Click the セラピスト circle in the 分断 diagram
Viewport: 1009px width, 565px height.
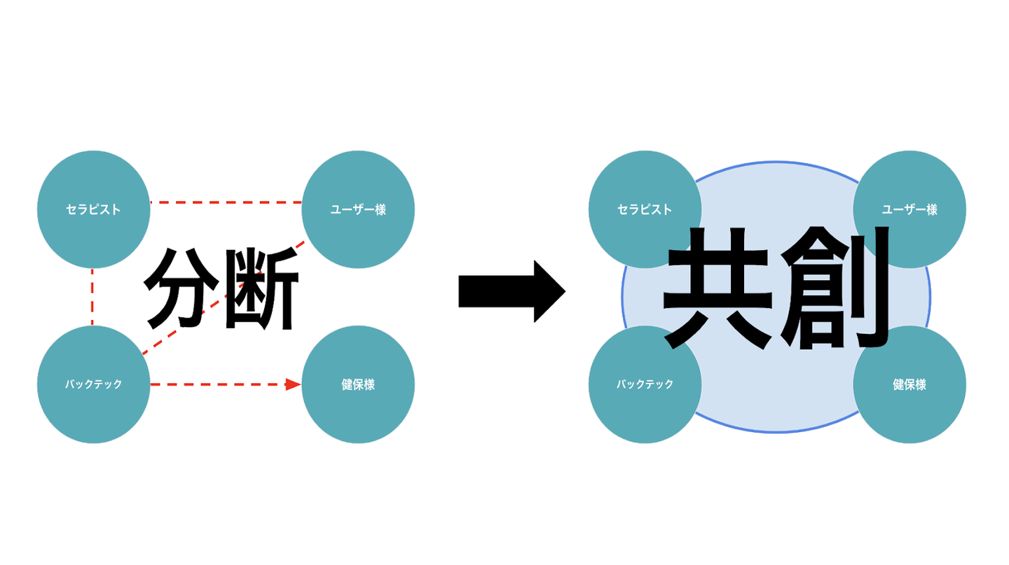click(93, 209)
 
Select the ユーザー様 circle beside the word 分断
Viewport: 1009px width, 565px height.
click(358, 209)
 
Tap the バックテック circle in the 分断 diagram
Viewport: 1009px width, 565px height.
click(93, 384)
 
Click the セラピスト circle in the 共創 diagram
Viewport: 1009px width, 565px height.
click(645, 209)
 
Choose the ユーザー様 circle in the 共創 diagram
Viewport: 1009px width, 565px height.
click(910, 209)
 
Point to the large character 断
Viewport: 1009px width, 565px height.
click(259, 288)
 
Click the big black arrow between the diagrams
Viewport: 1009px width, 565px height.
click(512, 291)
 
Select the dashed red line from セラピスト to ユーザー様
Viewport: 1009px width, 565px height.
click(224, 202)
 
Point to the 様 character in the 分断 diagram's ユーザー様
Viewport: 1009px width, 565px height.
click(380, 209)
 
